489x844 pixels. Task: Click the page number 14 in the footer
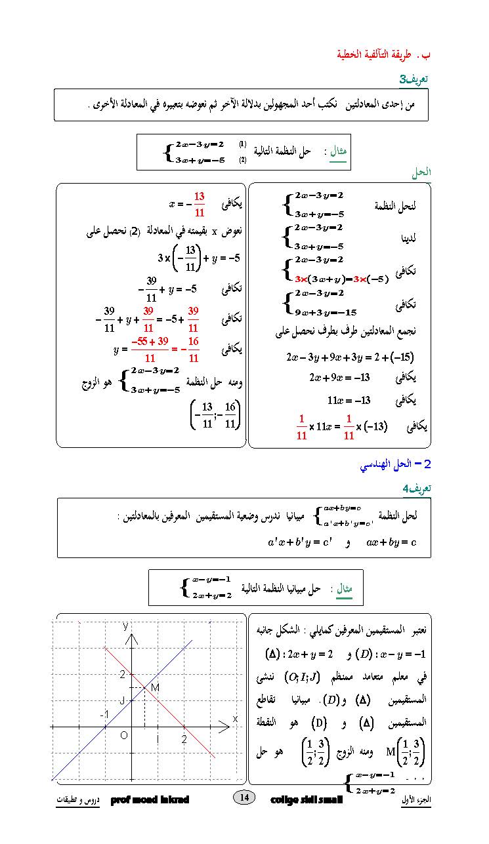[244, 797]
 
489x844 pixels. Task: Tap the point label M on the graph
[156, 687]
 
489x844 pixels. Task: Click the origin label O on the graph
[123, 736]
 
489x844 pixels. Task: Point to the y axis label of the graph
[125, 626]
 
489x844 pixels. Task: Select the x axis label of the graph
[235, 719]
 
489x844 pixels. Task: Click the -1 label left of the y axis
[104, 714]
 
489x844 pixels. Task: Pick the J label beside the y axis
[122, 700]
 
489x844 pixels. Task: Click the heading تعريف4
[416, 489]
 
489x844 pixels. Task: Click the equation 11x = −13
[349, 400]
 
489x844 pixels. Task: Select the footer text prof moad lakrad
[150, 800]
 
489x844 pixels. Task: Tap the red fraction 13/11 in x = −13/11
[200, 204]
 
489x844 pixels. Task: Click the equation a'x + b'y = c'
[299, 542]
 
